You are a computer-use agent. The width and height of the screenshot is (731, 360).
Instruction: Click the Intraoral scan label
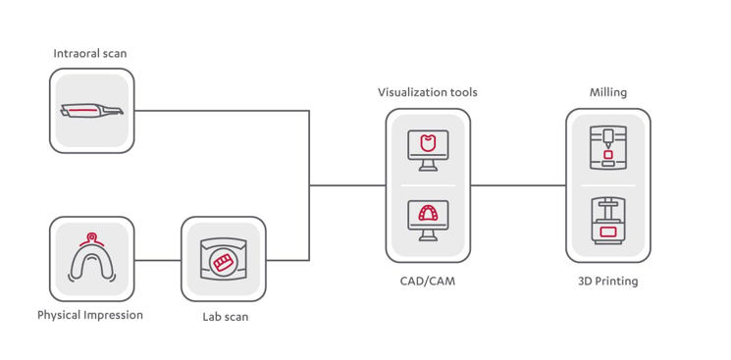(x=90, y=53)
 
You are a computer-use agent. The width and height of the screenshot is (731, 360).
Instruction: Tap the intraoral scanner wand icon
(x=92, y=111)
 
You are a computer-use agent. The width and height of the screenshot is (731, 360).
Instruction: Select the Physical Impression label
(x=90, y=315)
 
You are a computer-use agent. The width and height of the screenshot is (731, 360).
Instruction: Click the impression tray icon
(x=92, y=258)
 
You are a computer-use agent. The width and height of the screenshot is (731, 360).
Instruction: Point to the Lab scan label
(x=225, y=317)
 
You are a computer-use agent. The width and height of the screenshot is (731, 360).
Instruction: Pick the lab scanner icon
(x=224, y=260)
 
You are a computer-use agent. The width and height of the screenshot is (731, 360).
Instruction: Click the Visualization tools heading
(x=428, y=92)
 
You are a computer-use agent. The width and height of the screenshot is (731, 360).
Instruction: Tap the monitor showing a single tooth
(x=428, y=150)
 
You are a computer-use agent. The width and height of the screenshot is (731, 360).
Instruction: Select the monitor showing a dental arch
(x=428, y=221)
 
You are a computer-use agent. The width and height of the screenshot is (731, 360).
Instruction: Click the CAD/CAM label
(x=428, y=282)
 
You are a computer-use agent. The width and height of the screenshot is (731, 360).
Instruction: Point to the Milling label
(x=608, y=92)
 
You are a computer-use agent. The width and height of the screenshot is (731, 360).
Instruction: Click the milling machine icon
(x=608, y=147)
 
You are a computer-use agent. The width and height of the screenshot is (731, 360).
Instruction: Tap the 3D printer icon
(x=608, y=221)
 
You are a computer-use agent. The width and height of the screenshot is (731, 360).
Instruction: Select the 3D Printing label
(x=608, y=282)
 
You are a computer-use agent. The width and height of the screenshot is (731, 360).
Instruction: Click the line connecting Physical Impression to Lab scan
(x=158, y=260)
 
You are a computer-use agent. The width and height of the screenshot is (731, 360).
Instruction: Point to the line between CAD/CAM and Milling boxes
(x=518, y=185)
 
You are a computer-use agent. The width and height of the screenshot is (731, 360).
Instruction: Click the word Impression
(x=114, y=315)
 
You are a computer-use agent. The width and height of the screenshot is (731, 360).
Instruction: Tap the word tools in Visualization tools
(x=463, y=92)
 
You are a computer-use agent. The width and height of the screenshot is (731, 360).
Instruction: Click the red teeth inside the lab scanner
(x=223, y=262)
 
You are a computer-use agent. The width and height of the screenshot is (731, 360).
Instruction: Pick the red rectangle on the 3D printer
(x=608, y=231)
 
